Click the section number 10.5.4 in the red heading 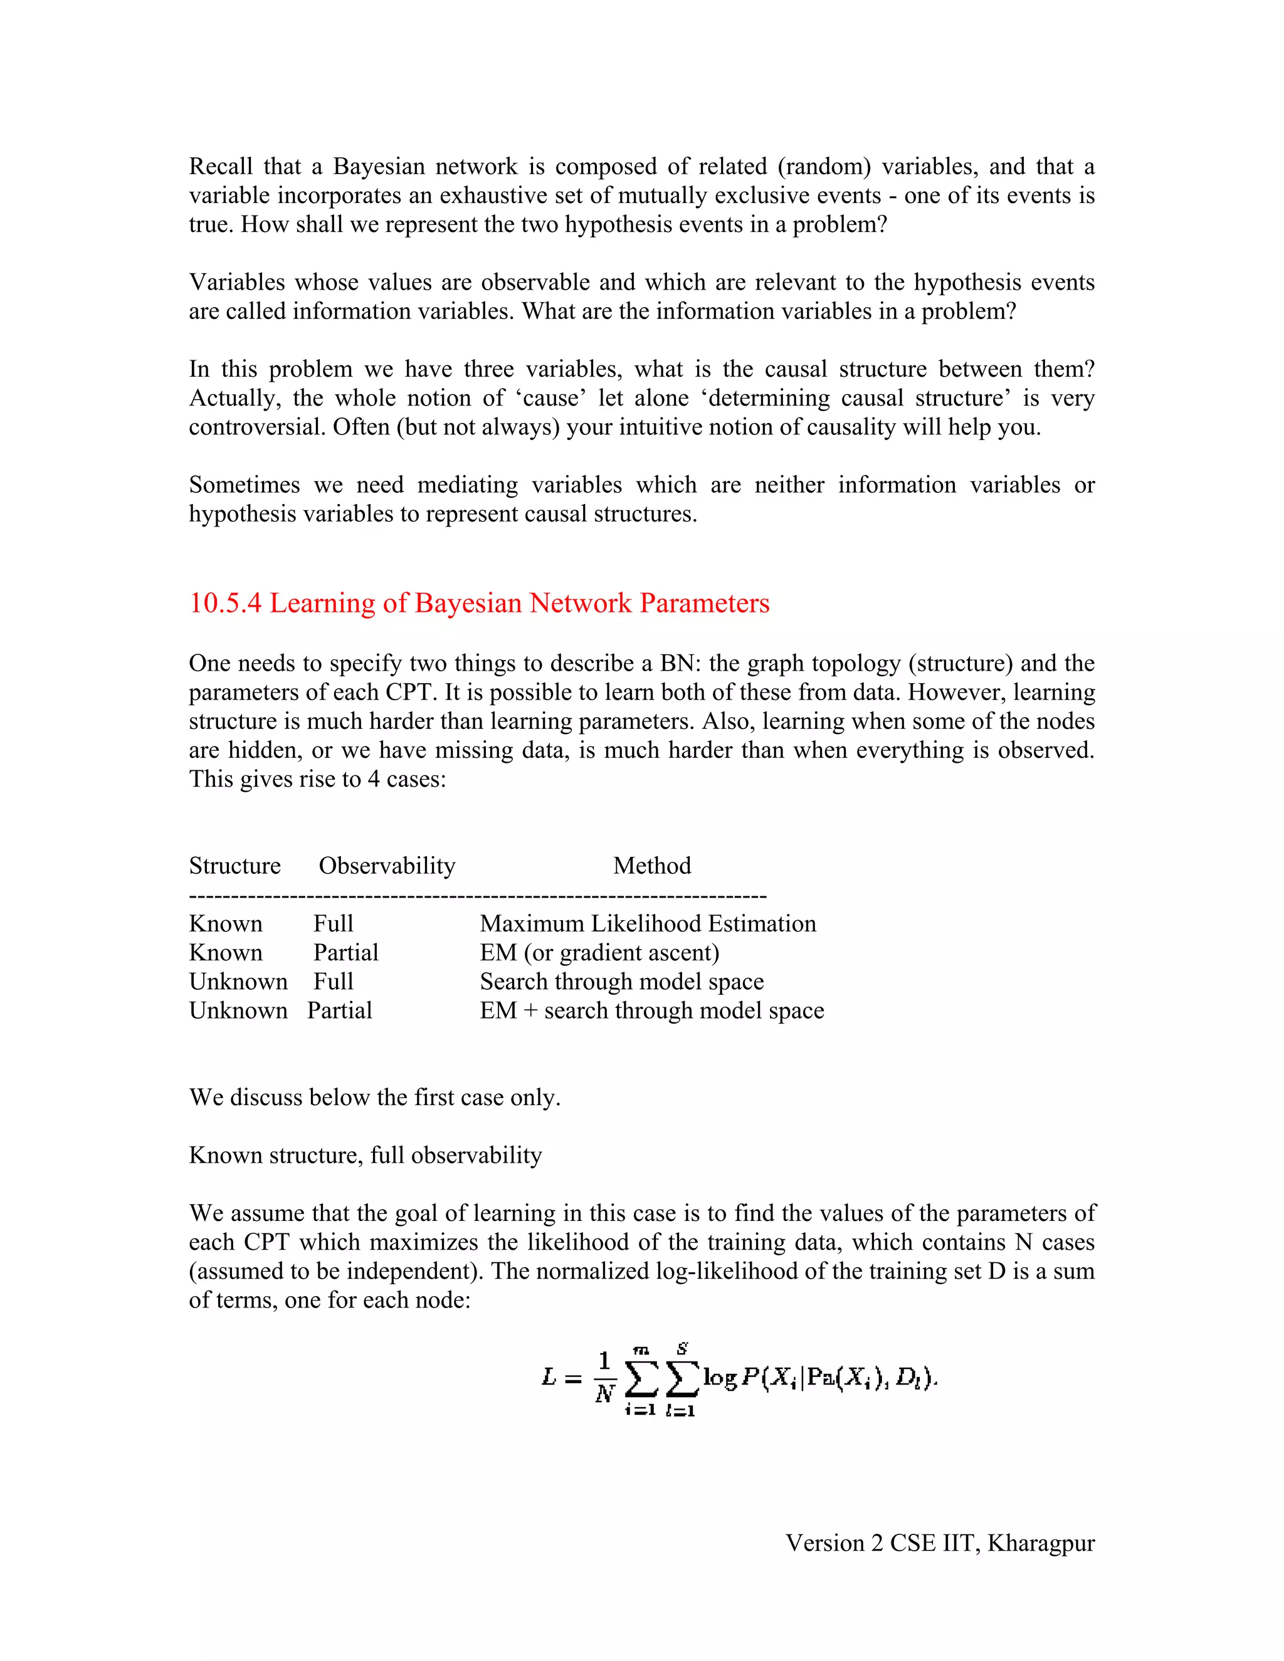225,603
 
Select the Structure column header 234,866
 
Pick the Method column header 652,866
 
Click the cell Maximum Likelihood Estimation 647,923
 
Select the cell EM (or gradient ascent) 599,952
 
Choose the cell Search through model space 621,981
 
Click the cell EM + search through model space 652,1010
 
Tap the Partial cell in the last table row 339,1010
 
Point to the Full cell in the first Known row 333,923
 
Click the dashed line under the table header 478,896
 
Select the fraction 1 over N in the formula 605,1376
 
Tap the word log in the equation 720,1376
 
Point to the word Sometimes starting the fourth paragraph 244,485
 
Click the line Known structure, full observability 365,1155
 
